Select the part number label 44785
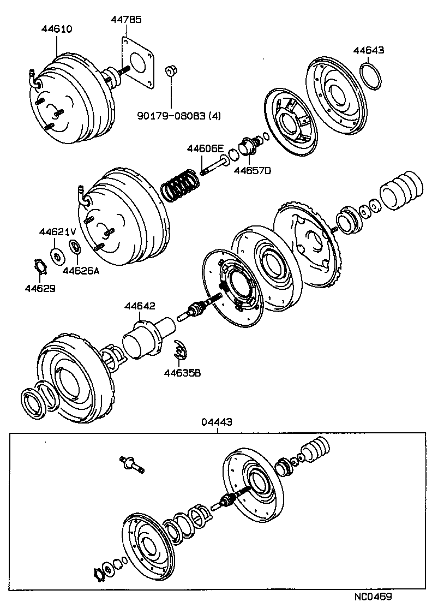pos(127,19)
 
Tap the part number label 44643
pos(369,50)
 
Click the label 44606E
pos(206,148)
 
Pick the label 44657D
pos(253,170)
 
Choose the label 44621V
pos(57,232)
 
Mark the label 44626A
pos(81,269)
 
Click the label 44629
pos(40,288)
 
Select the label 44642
pos(140,307)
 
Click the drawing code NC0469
pos(373,597)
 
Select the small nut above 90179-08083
pos(170,71)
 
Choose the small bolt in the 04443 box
pos(131,464)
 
